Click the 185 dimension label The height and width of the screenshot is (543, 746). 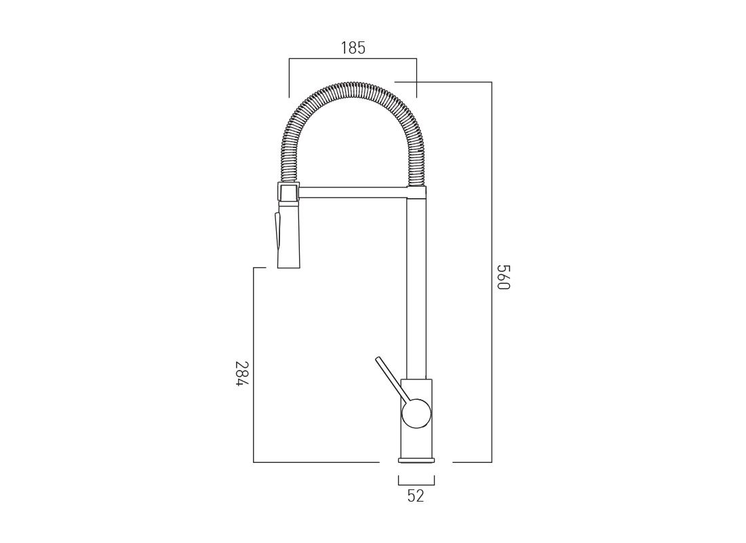pos(353,48)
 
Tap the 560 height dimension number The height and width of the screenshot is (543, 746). pos(503,277)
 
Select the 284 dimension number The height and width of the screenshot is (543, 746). pos(239,373)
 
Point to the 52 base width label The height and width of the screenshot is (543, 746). pos(416,496)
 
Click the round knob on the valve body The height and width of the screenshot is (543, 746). pos(415,413)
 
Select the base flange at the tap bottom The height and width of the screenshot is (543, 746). pos(416,461)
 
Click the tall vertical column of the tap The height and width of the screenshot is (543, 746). pos(416,285)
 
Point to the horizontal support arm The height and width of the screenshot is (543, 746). pos(353,193)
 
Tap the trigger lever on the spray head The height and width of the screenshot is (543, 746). pos(276,231)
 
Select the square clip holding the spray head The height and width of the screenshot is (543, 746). pos(287,191)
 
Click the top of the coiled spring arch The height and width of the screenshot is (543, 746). pos(353,87)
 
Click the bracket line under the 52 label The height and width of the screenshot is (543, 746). pos(416,484)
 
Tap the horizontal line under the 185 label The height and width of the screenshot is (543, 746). pos(353,60)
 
